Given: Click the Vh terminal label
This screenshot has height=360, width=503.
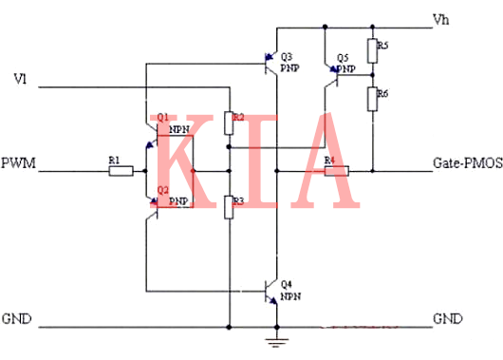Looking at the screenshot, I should coord(442,19).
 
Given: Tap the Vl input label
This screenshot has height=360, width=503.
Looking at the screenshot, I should coord(19,77).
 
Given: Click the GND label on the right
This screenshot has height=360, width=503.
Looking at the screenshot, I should coord(448,317).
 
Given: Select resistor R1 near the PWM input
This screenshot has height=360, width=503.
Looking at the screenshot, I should coord(119,172).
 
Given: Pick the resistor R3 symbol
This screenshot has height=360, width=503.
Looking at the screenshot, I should coord(229,206).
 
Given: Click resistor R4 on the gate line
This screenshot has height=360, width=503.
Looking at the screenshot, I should coord(336,172).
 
